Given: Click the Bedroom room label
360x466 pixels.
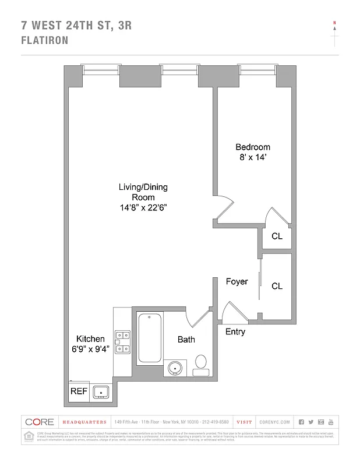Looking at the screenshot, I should [x=252, y=147].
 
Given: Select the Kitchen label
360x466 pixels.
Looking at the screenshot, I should [x=90, y=338].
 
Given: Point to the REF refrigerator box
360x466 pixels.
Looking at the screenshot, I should [x=79, y=391].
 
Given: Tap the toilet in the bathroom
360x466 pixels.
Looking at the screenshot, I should [x=201, y=362].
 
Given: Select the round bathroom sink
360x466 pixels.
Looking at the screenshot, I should [x=175, y=368].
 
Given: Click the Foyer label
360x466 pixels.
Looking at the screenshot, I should [x=237, y=281].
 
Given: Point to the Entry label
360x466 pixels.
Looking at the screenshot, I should [x=235, y=331].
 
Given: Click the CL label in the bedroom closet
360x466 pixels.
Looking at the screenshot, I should [x=277, y=236].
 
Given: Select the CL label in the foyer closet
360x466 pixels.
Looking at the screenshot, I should [x=277, y=286].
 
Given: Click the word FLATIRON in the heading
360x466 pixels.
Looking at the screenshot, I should [x=44, y=41].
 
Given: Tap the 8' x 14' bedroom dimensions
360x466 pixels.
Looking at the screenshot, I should [x=252, y=157].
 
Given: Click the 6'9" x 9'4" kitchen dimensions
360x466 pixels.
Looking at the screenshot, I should [x=90, y=349].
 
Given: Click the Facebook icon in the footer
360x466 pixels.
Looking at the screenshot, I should [x=301, y=422].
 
